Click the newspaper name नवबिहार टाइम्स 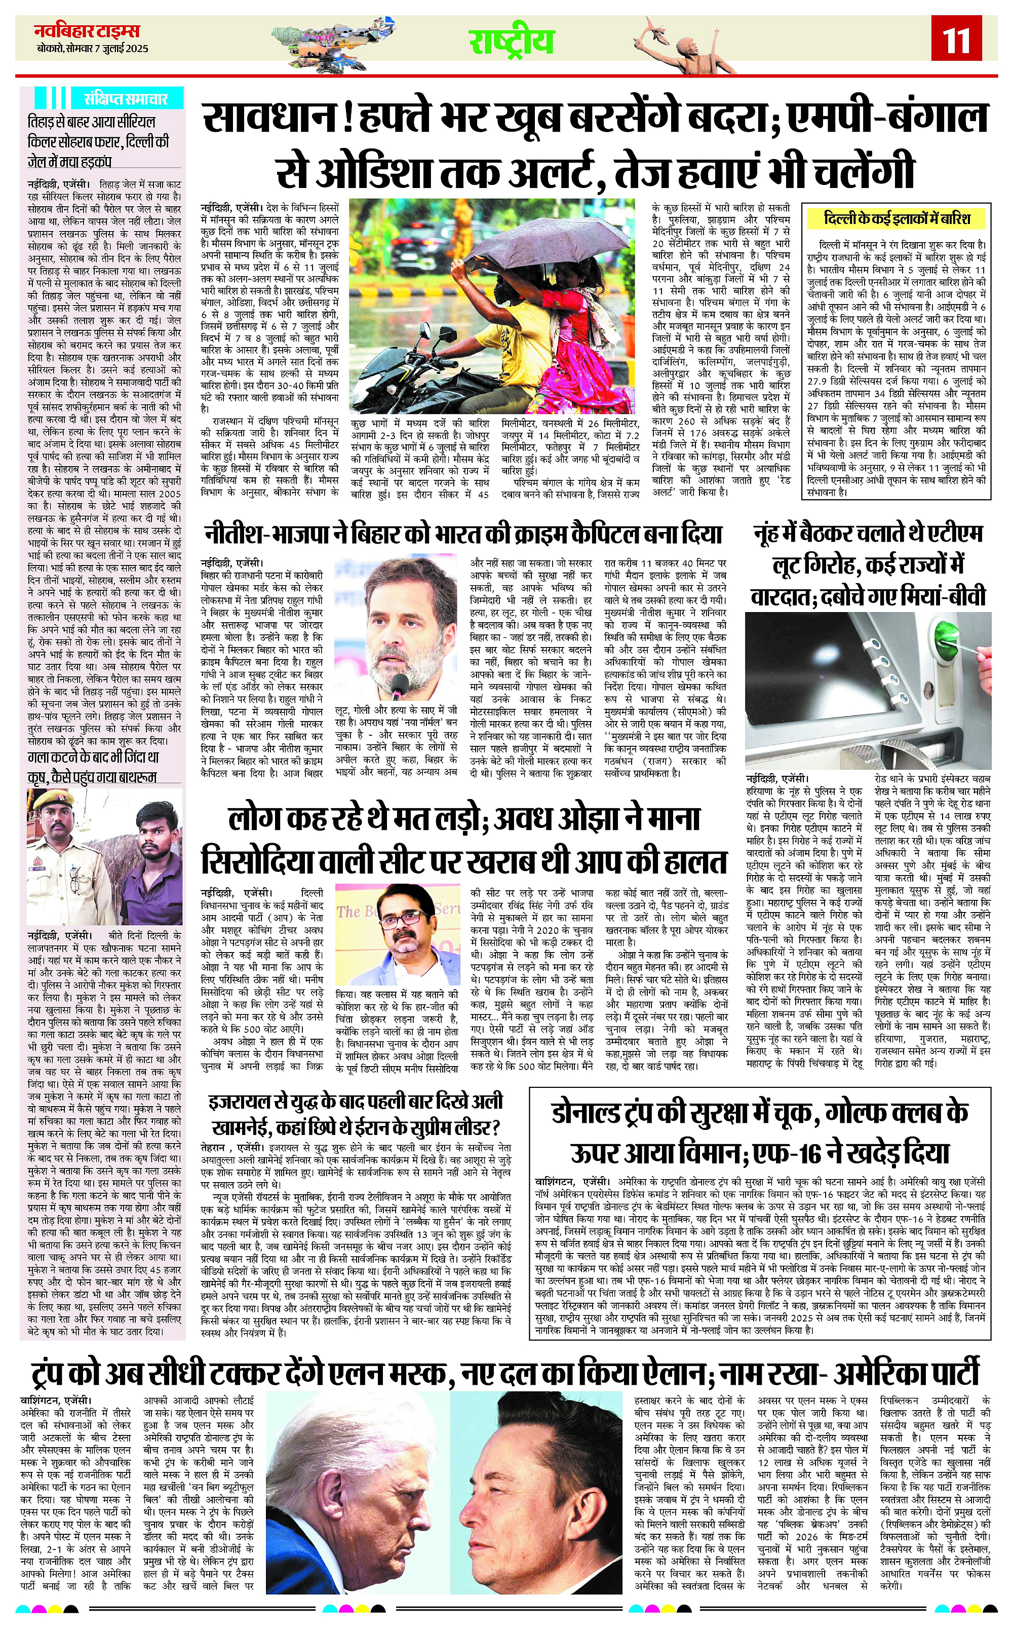87,31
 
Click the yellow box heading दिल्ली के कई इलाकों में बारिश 897,218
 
